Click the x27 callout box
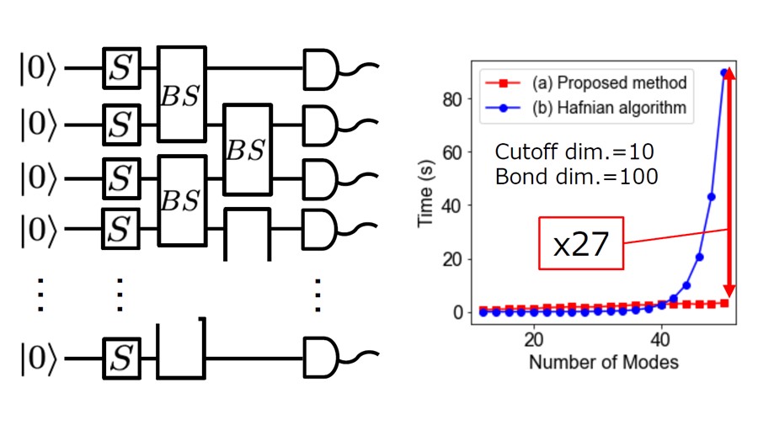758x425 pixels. (x=581, y=245)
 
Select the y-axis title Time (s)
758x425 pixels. (x=427, y=194)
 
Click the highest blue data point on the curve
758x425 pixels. (x=723, y=72)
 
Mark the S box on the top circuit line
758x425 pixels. (x=120, y=68)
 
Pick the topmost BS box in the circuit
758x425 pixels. (x=182, y=93)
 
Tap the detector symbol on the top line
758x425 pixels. (x=323, y=68)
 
